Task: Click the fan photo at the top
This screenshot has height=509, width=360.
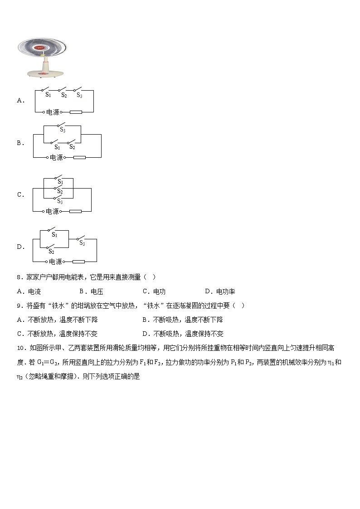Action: click(42, 58)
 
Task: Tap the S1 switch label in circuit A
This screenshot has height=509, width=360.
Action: click(48, 95)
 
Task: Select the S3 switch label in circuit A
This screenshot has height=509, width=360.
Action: click(79, 95)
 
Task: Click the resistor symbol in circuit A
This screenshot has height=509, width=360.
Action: click(75, 111)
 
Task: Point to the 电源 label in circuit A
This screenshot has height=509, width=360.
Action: click(53, 111)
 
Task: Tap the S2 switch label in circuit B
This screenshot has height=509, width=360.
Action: click(72, 147)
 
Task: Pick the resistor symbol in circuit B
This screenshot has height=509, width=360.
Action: click(79, 157)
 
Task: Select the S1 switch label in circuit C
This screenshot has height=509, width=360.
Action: click(60, 181)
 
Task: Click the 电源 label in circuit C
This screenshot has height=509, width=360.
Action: click(53, 211)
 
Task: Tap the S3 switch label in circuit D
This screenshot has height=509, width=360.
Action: click(82, 243)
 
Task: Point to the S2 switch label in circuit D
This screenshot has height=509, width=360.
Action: click(51, 252)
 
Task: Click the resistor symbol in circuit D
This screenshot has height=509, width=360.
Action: click(78, 262)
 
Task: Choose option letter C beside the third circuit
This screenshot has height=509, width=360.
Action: click(20, 195)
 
